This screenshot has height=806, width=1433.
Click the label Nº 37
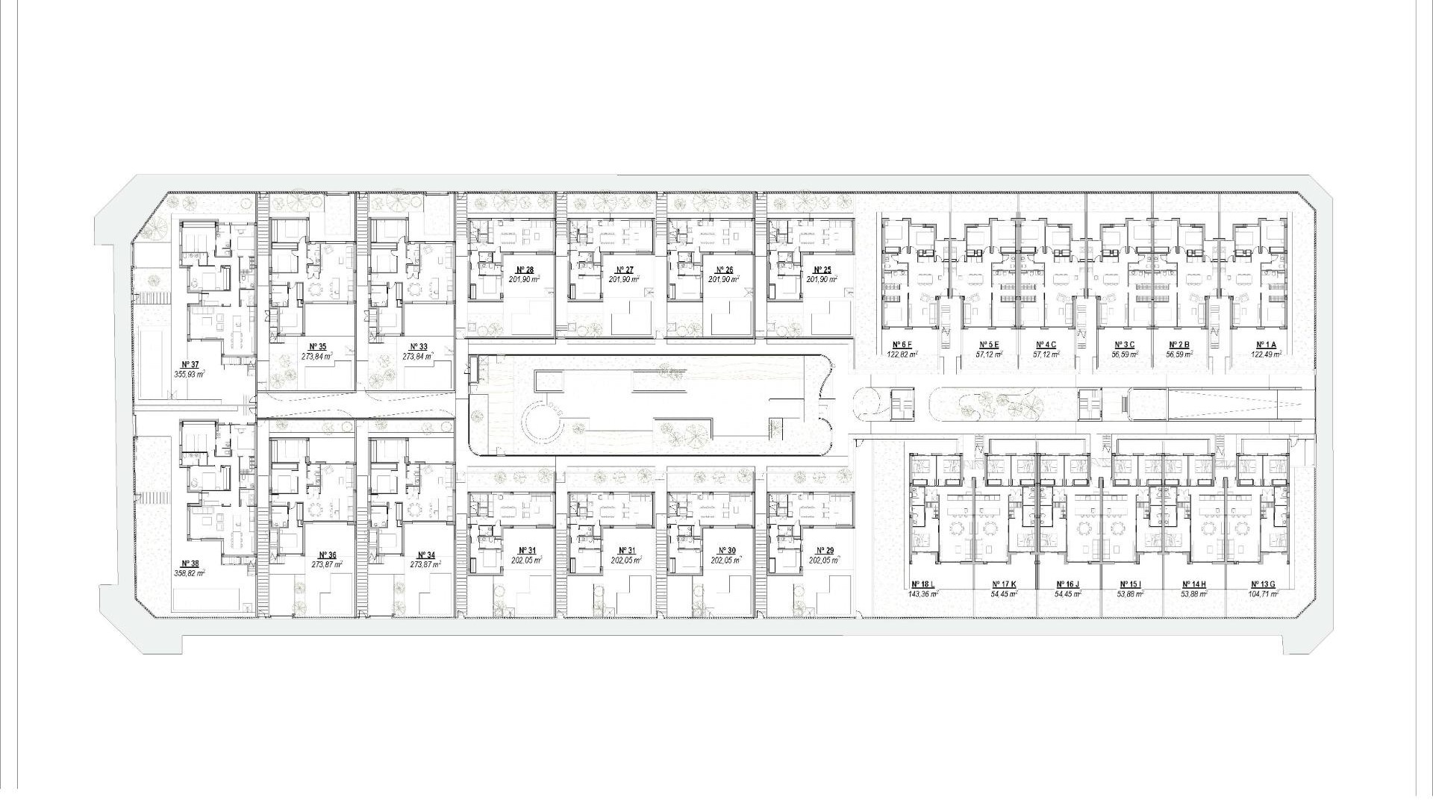click(190, 364)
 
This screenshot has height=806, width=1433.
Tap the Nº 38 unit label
click(190, 563)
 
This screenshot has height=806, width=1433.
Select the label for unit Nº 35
click(317, 347)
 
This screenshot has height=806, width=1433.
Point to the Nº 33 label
click(419, 347)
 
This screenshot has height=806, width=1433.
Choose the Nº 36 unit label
click(327, 555)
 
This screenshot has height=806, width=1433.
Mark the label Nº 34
click(426, 555)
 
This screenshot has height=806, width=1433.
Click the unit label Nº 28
click(525, 270)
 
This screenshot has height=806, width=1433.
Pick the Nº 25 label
click(822, 270)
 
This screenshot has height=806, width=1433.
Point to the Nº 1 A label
click(1267, 345)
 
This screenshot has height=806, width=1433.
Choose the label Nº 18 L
click(923, 584)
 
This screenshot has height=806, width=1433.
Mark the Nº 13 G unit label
click(1264, 584)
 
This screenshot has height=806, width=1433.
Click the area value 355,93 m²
click(190, 374)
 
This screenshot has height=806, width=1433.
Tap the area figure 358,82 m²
click(190, 573)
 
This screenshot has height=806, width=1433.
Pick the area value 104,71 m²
click(1264, 594)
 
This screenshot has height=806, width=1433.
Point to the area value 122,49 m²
click(1267, 354)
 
